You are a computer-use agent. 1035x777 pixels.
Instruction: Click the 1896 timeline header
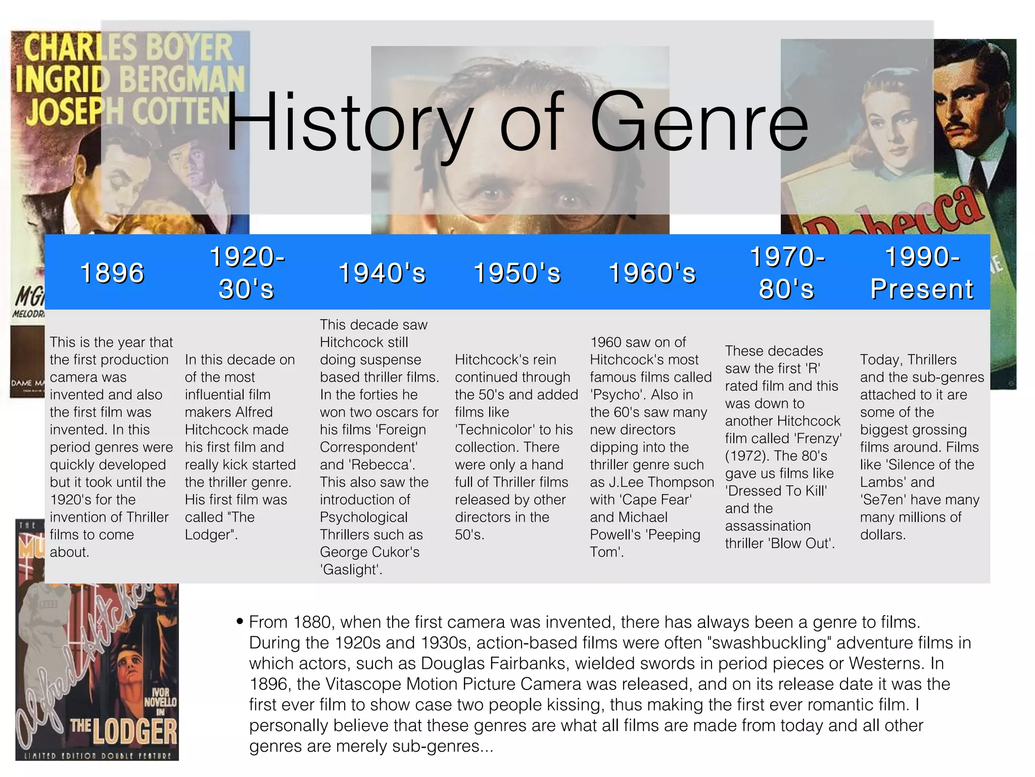coord(112,273)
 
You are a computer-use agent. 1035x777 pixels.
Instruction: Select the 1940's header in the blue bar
coord(382,273)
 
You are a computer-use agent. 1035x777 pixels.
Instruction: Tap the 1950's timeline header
coord(517,273)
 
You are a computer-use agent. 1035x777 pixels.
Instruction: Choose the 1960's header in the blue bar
coord(652,273)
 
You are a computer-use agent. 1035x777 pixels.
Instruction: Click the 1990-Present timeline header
coord(922,273)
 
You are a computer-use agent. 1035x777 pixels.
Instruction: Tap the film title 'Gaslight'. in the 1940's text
coord(351,570)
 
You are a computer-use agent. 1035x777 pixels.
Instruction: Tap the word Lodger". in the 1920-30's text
coord(211,535)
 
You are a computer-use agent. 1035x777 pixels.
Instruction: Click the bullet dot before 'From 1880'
coord(240,621)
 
